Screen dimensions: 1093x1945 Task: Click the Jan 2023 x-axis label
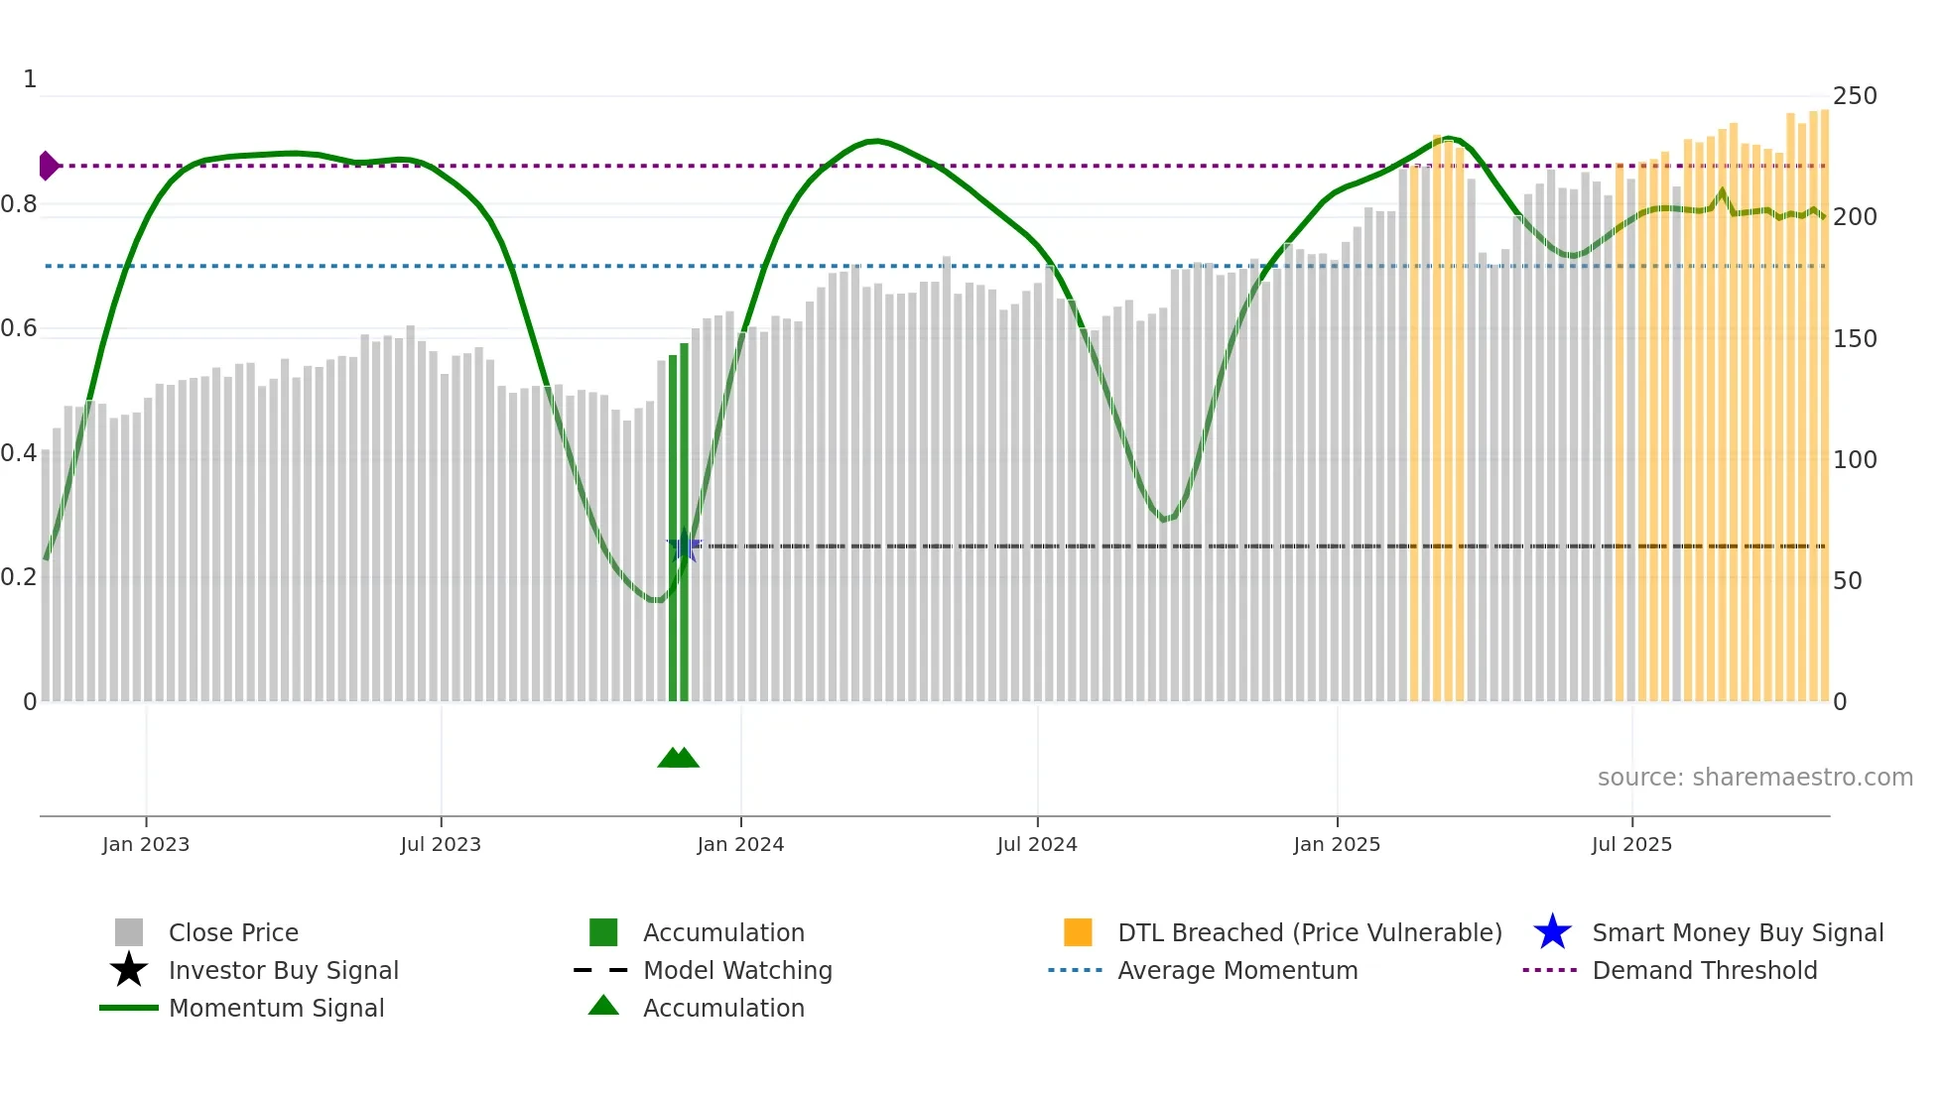pos(146,844)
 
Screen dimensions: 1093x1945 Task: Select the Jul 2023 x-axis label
pos(441,844)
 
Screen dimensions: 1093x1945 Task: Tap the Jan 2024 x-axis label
pos(740,844)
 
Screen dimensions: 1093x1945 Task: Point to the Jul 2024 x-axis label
pos(1037,844)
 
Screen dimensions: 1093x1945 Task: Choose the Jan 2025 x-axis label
pos(1337,844)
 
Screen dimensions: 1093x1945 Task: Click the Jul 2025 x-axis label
pos(1631,844)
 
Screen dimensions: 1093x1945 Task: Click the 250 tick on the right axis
pos(1854,96)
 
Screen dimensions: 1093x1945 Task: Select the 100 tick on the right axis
pos(1854,460)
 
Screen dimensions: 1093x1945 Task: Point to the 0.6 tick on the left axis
pos(19,328)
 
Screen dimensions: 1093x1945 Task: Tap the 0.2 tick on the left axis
pos(19,577)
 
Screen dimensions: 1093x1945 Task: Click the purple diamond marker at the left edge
pos(48,166)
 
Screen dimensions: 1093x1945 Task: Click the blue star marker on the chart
pos(684,546)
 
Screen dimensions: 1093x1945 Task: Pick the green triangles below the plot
pos(679,758)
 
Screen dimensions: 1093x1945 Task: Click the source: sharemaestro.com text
pos(1754,778)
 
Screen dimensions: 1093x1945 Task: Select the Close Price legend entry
pos(233,932)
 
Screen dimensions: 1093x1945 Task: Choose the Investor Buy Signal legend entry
pos(283,970)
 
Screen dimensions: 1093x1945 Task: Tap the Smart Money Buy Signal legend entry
pos(1737,932)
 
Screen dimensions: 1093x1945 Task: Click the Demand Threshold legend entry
pos(1704,970)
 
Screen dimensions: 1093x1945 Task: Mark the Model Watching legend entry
pos(737,970)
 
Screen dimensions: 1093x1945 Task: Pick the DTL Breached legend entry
pos(1309,932)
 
